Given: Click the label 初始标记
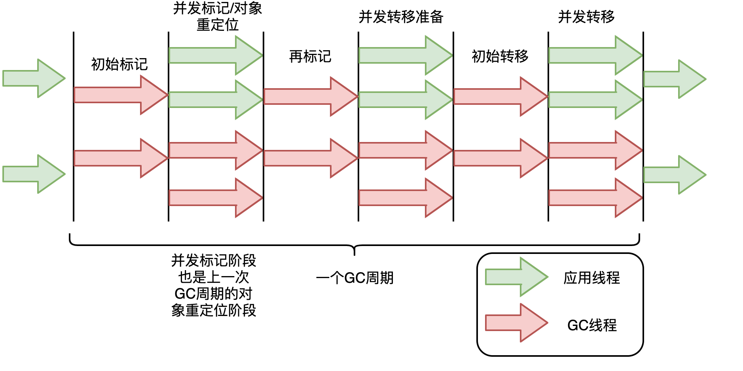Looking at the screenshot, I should (x=119, y=64).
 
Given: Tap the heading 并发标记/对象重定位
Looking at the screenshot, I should (x=218, y=16).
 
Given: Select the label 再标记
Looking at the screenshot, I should (x=310, y=57).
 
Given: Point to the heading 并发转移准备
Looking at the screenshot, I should (x=401, y=17).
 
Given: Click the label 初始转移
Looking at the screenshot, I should (x=500, y=57).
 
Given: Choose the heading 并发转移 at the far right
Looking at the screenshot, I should (x=586, y=17).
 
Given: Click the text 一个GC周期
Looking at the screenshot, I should (x=355, y=278).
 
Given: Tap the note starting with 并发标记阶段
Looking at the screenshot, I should (x=214, y=285).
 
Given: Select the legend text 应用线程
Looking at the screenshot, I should (x=591, y=278).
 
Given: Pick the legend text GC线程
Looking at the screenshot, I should (x=592, y=325).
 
